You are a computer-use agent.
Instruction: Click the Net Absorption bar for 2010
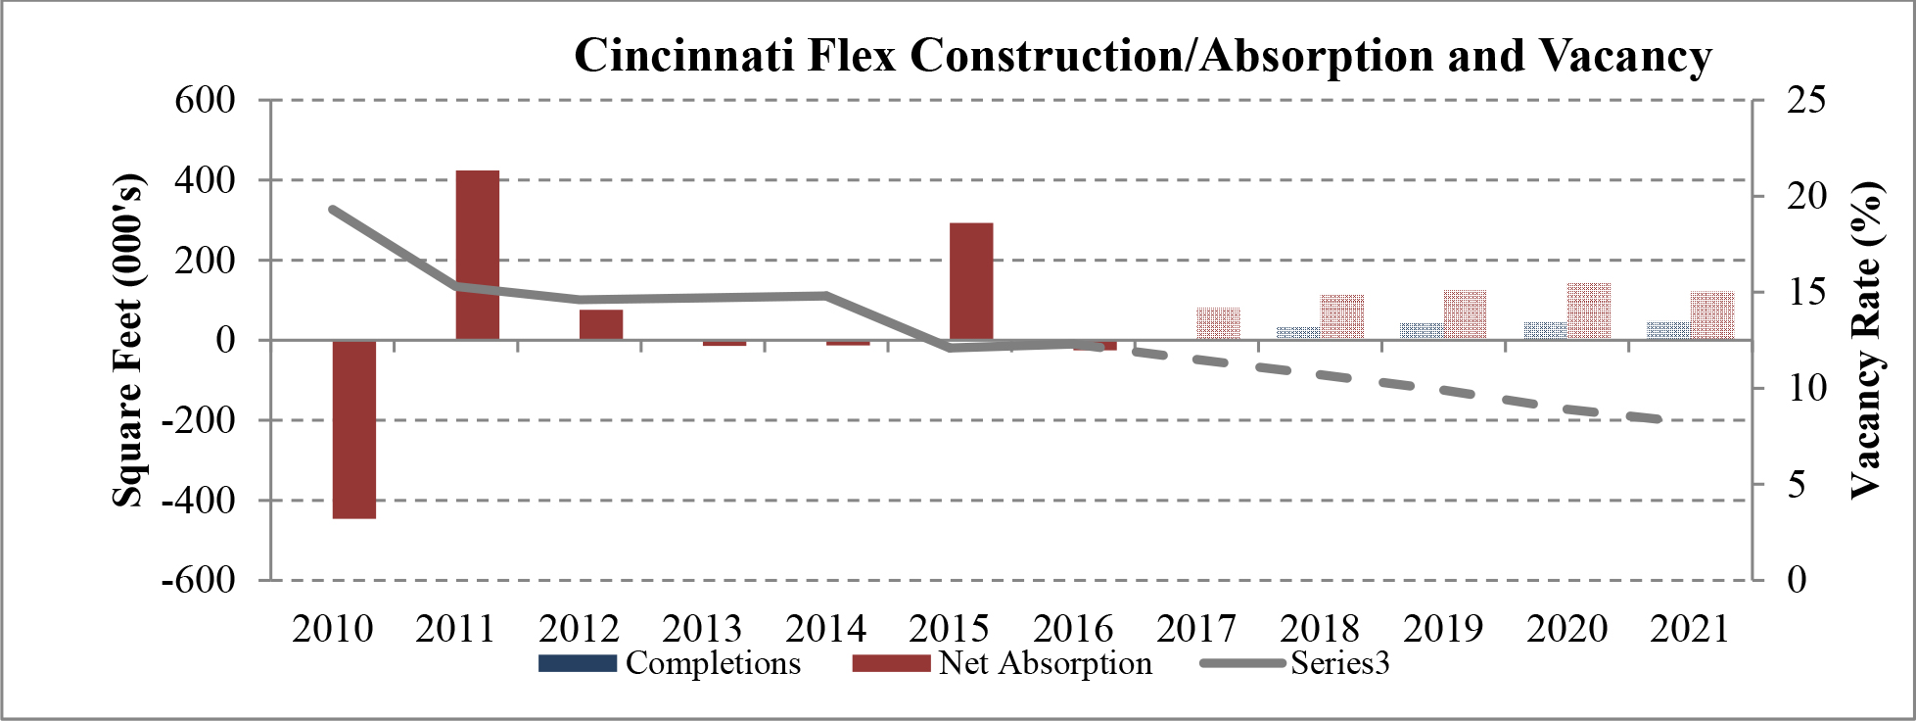pyautogui.click(x=354, y=429)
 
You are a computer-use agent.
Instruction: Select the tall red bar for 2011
pyautogui.click(x=478, y=255)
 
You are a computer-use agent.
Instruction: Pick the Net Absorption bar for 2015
pyautogui.click(x=971, y=281)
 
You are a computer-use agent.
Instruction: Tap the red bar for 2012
pyautogui.click(x=600, y=324)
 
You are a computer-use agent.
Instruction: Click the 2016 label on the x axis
pyautogui.click(x=1073, y=628)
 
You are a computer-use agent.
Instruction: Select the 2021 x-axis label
pyautogui.click(x=1690, y=628)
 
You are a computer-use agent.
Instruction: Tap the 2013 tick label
pyautogui.click(x=703, y=628)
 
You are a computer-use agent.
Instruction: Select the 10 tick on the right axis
pyautogui.click(x=1806, y=388)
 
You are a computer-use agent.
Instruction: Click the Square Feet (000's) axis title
pyautogui.click(x=128, y=340)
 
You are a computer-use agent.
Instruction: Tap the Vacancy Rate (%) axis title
pyautogui.click(x=1867, y=340)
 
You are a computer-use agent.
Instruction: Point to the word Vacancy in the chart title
pyautogui.click(x=1626, y=56)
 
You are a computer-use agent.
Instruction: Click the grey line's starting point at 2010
pyautogui.click(x=333, y=209)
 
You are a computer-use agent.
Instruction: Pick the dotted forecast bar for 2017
pyautogui.click(x=1218, y=323)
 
